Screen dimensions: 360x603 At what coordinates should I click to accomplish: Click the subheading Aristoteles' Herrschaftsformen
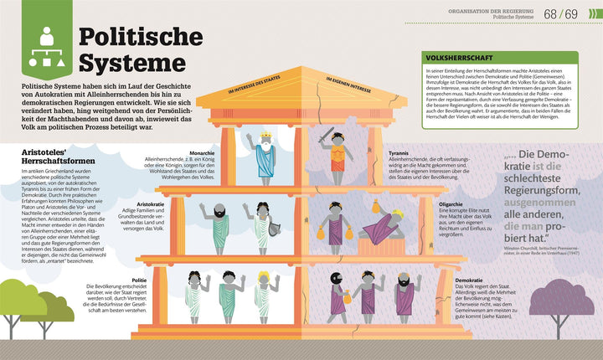pyautogui.click(x=49, y=155)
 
